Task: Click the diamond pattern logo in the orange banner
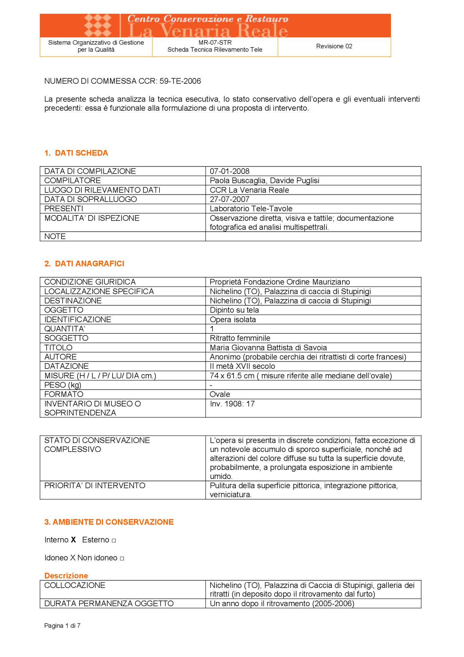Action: [x=98, y=25]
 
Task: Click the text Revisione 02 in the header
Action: [x=334, y=46]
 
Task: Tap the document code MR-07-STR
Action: [x=215, y=42]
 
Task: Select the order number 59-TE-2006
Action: [x=180, y=81]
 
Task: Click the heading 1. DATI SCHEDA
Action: [x=76, y=153]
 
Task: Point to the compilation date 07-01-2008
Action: [x=230, y=171]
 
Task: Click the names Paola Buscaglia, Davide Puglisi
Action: [x=264, y=180]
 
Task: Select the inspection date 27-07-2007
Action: [x=230, y=199]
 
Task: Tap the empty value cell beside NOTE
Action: [x=313, y=236]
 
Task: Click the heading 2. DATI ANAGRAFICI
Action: [x=84, y=263]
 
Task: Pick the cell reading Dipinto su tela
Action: [x=234, y=310]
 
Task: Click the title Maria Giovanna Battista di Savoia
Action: [x=268, y=347]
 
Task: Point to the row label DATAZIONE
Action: [x=67, y=366]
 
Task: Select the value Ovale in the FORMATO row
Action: [x=220, y=394]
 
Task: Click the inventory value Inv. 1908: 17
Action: [x=232, y=404]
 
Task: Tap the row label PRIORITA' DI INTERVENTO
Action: [x=95, y=486]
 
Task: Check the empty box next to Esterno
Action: [x=114, y=540]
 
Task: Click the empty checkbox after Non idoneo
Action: [x=122, y=558]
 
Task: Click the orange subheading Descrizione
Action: [x=66, y=576]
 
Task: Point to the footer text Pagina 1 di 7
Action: [x=62, y=625]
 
